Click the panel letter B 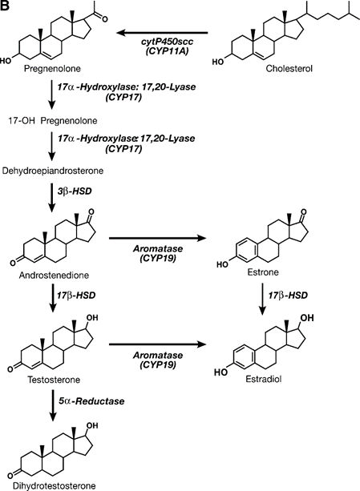pos(6,6)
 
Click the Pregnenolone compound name pos(52,68)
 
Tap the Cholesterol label pos(289,68)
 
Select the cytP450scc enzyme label pos(167,42)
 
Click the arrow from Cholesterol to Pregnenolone pos(163,32)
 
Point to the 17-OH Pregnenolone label pos(53,121)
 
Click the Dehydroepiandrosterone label pos(53,171)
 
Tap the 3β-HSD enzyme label pos(75,191)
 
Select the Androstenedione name pos(54,276)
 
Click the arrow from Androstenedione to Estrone pos(158,239)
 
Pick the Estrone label pos(263,272)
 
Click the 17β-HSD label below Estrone pos(288,295)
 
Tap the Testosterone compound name pos(54,380)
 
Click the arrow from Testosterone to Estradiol pos(158,344)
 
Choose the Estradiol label pos(264,379)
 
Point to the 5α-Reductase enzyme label pos(91,401)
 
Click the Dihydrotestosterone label pos(54,485)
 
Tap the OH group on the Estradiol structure pos(307,318)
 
